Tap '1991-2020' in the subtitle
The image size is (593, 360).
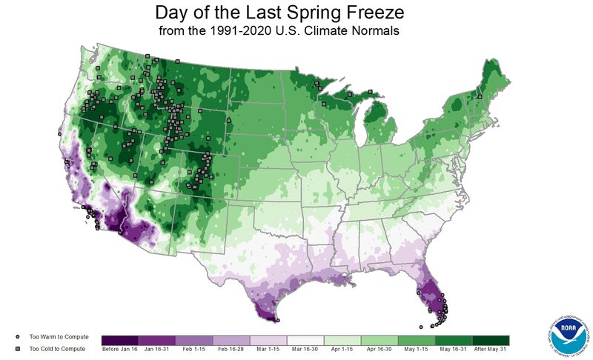point(242,33)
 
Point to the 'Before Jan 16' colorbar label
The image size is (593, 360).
point(119,350)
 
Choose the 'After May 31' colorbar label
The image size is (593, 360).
point(491,350)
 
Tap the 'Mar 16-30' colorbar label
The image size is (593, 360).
point(305,350)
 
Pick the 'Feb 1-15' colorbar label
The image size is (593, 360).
point(194,350)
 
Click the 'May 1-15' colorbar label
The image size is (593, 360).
point(417,350)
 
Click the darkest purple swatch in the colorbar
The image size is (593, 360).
point(119,340)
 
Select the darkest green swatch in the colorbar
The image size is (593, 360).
point(491,340)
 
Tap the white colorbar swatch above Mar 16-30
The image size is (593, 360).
point(305,340)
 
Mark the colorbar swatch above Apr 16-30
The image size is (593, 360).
point(380,340)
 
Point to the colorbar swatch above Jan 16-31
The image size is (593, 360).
point(156,340)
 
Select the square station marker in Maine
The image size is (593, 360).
point(480,96)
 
